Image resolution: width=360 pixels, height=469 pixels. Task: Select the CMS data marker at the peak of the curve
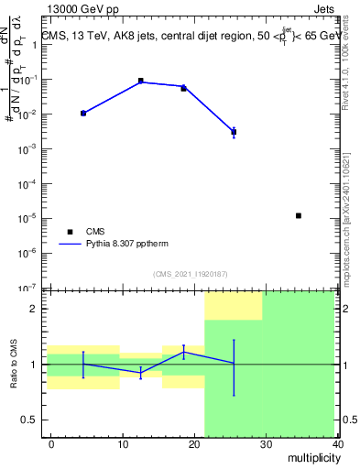pos(140,81)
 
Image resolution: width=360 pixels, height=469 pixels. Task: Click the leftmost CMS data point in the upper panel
pos(83,113)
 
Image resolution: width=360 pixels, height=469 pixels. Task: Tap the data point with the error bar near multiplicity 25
pos(234,132)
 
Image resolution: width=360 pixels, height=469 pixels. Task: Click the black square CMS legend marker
pos(68,232)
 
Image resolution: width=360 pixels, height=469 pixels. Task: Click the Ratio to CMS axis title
pos(14,364)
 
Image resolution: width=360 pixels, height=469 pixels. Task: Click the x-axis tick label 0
pos(51,444)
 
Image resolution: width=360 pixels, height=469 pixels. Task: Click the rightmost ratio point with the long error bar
pos(234,364)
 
